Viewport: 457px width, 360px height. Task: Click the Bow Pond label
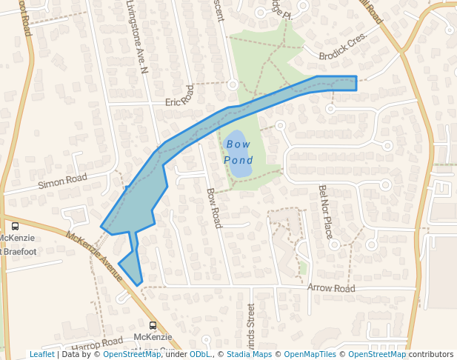[238, 152]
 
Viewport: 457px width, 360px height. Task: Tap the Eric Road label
[179, 96]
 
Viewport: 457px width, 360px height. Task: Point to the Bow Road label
[213, 207]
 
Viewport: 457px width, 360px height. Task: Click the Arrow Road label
[331, 288]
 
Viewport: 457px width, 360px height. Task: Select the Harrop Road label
[97, 344]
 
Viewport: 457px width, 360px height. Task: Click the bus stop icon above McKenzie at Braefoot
[15, 226]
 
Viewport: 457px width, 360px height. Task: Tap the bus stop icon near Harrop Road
[153, 325]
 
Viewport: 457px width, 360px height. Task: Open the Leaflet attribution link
[41, 354]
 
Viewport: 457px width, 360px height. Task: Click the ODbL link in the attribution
[199, 354]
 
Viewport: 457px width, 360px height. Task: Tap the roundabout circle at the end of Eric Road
[233, 85]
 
